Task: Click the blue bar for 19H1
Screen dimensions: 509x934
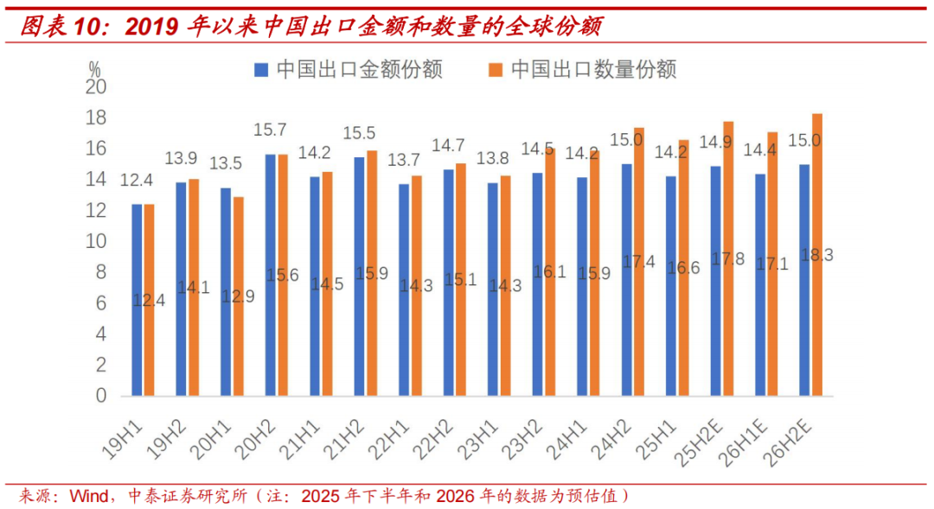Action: coord(137,300)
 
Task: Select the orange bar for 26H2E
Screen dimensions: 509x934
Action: coord(817,255)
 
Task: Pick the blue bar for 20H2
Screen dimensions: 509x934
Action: coord(271,275)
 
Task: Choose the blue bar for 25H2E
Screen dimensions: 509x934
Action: coord(715,281)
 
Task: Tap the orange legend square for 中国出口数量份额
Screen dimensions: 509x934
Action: coord(496,69)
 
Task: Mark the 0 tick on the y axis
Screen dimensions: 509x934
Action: coord(100,396)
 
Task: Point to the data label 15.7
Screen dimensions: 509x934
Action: coord(270,130)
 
